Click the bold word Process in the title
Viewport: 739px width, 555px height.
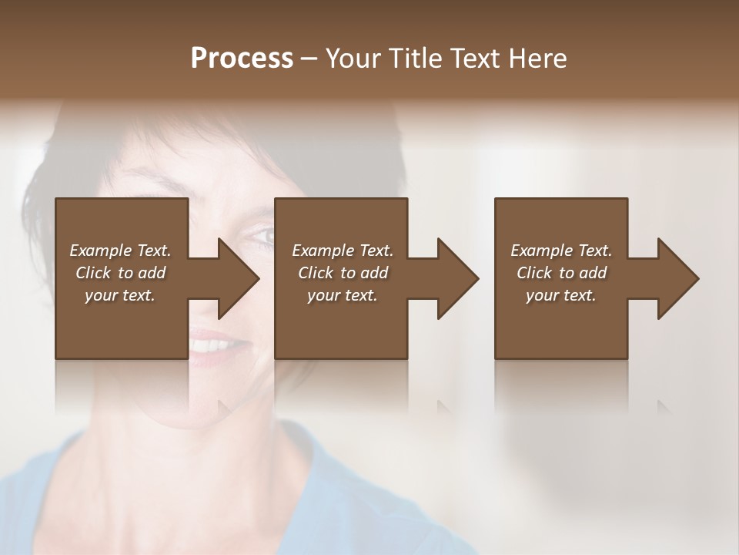click(242, 59)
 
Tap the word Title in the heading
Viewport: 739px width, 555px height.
click(413, 59)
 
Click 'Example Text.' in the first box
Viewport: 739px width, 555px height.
click(121, 251)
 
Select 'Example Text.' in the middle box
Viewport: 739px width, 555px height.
click(343, 251)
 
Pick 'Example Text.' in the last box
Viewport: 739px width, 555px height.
click(561, 251)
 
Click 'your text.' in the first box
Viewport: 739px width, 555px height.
click(120, 295)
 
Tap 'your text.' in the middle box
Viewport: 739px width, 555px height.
click(343, 295)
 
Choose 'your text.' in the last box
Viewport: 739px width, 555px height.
click(561, 295)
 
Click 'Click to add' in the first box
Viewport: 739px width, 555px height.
click(121, 273)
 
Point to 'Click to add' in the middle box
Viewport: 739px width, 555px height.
click(343, 273)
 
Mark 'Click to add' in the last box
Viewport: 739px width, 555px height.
click(561, 273)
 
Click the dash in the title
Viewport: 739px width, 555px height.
click(309, 59)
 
